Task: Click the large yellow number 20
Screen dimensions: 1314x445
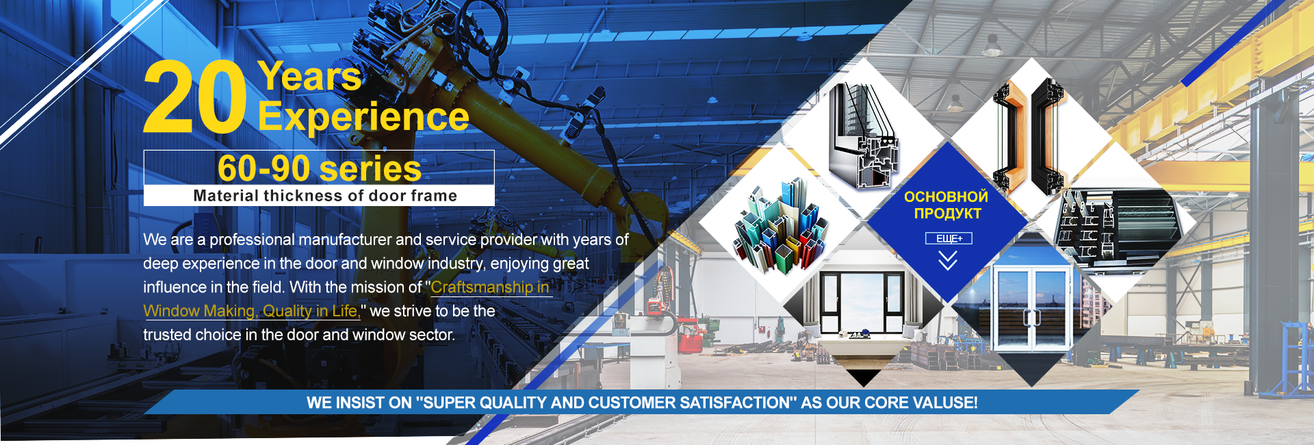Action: (194, 97)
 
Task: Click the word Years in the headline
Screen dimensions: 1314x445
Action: (310, 76)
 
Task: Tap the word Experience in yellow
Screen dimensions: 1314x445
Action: (363, 116)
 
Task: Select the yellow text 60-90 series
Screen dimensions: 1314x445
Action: (320, 168)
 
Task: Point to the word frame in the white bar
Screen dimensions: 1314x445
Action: (434, 196)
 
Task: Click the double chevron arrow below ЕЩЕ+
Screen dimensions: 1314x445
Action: (948, 261)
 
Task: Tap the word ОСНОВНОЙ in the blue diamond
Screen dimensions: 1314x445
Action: (946, 197)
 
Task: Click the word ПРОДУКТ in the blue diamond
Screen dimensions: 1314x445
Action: (948, 214)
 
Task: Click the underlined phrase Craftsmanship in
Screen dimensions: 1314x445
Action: (490, 288)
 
